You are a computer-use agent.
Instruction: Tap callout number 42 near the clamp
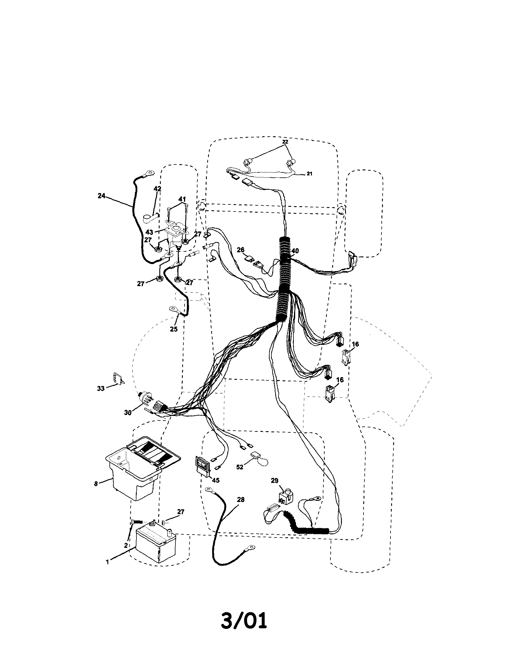tap(157, 189)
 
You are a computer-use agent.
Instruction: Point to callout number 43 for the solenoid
tap(149, 232)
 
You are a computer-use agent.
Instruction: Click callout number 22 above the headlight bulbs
tap(285, 142)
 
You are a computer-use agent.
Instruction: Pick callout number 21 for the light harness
tap(310, 174)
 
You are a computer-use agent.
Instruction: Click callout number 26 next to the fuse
tap(241, 250)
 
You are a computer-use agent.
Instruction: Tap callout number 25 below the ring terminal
tap(174, 330)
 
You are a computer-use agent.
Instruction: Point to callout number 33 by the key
tap(101, 388)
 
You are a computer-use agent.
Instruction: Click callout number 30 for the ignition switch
tap(128, 413)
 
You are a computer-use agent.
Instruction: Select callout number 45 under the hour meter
tap(215, 480)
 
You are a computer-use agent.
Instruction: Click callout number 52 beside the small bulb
tap(240, 467)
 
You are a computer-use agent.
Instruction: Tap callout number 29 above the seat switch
tap(274, 481)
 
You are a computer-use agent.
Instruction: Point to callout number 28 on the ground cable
tap(241, 500)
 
